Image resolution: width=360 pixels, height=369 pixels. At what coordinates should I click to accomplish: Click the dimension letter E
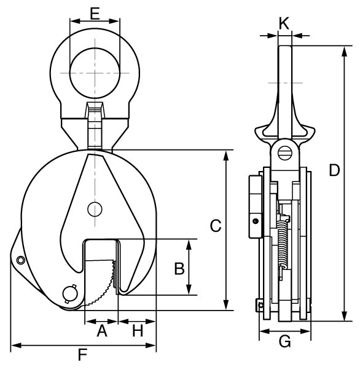(x=95, y=14)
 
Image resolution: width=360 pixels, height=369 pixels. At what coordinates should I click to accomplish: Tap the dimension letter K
(x=284, y=23)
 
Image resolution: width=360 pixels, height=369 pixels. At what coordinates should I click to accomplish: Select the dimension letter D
(x=334, y=170)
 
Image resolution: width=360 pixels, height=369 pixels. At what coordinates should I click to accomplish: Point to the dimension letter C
(x=216, y=226)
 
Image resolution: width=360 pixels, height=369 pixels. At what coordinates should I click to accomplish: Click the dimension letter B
(x=179, y=269)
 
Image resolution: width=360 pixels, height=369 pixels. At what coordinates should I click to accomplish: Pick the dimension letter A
(x=102, y=331)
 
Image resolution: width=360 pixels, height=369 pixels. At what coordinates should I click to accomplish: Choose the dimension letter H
(x=138, y=331)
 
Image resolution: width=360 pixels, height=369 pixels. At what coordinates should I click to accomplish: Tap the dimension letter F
(x=82, y=355)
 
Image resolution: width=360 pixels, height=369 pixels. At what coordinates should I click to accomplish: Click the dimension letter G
(x=285, y=341)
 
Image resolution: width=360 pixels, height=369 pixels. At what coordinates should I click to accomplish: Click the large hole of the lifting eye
(x=95, y=73)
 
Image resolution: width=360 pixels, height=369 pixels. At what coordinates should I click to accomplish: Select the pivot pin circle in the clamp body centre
(x=95, y=209)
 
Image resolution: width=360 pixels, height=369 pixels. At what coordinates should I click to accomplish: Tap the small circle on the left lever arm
(x=20, y=260)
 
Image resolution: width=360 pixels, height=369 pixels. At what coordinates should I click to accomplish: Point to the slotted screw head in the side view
(x=285, y=153)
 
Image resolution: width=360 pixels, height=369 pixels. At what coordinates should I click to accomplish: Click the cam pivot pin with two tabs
(x=70, y=293)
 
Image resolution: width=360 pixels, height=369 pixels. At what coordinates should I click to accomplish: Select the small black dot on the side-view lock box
(x=256, y=221)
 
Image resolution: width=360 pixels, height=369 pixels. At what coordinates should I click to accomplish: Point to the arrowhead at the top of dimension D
(x=344, y=51)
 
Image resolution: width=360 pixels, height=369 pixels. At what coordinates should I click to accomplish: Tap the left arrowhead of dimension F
(x=16, y=346)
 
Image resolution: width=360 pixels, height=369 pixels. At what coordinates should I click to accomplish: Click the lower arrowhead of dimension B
(x=189, y=290)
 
